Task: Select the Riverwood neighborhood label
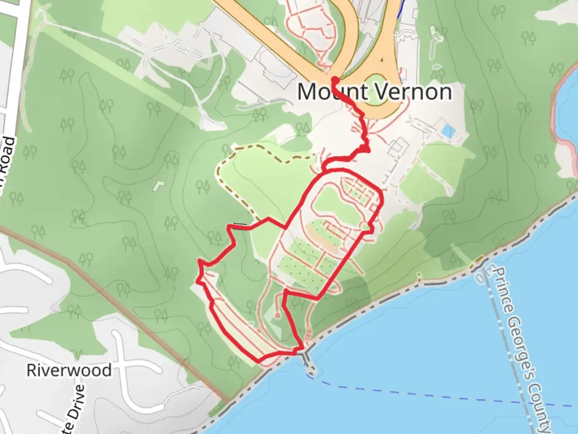(69, 370)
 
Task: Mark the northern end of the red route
(334, 79)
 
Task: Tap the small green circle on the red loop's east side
(365, 227)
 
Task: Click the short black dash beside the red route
(240, 224)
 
